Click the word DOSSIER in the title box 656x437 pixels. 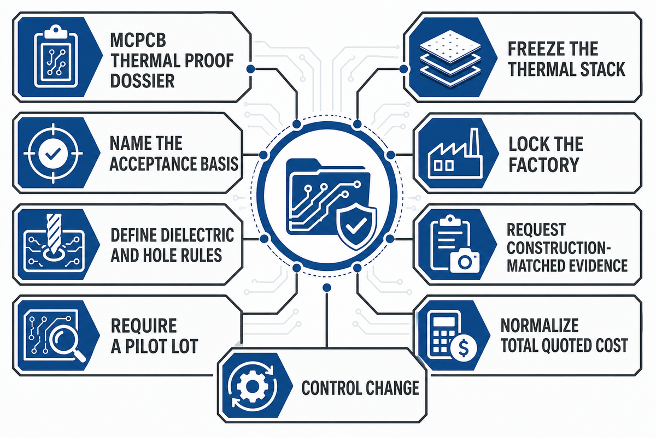[x=142, y=80]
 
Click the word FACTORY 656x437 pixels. [x=544, y=165]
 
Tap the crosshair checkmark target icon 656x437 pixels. [x=53, y=153]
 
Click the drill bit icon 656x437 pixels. [x=54, y=234]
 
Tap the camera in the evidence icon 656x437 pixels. [x=465, y=260]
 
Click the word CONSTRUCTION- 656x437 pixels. [x=559, y=247]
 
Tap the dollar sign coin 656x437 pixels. [x=464, y=348]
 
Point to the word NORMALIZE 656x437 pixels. [x=540, y=326]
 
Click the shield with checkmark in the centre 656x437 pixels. [x=356, y=226]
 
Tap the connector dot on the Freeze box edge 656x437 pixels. [x=403, y=69]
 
